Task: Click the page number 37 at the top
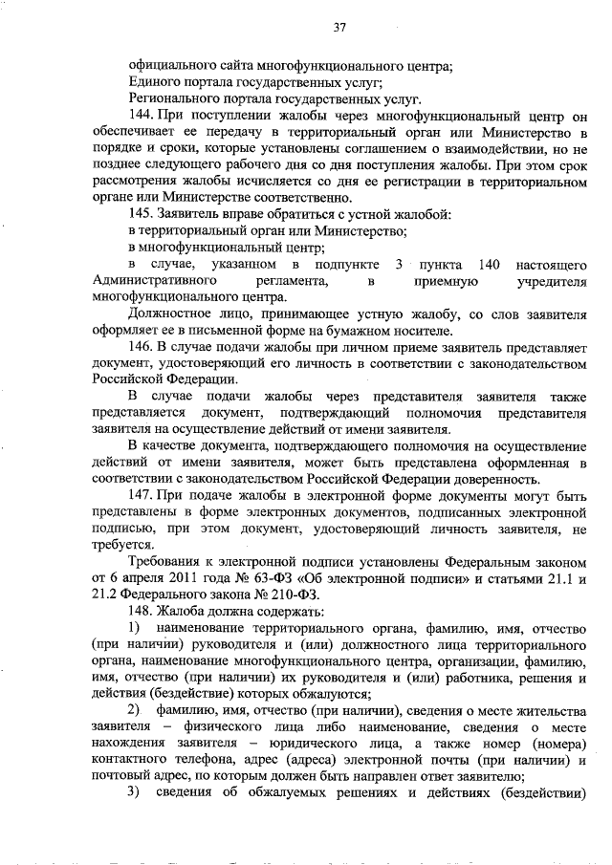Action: pos(339,28)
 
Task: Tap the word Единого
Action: pos(156,82)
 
